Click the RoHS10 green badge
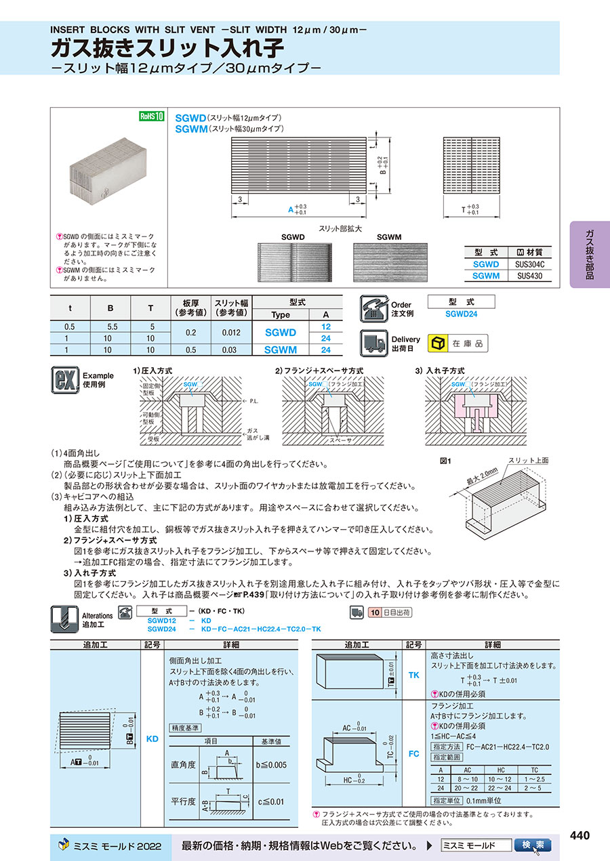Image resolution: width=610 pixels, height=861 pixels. click(x=152, y=116)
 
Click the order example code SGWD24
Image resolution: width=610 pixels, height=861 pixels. click(x=462, y=314)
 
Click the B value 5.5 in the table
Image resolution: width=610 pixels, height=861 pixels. click(x=110, y=327)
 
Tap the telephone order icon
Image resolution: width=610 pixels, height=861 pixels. click(x=373, y=308)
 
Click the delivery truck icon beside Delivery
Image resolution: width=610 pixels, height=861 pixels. click(x=373, y=343)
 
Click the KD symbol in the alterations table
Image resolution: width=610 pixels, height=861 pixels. click(x=152, y=738)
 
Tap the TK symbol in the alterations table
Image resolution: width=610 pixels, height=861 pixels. click(x=414, y=675)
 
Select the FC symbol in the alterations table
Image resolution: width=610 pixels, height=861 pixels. click(x=414, y=753)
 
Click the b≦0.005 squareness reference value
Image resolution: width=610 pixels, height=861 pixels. click(x=272, y=765)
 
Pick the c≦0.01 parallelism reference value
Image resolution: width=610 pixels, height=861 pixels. click(x=272, y=801)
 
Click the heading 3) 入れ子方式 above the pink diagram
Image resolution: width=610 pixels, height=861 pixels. click(x=440, y=371)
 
